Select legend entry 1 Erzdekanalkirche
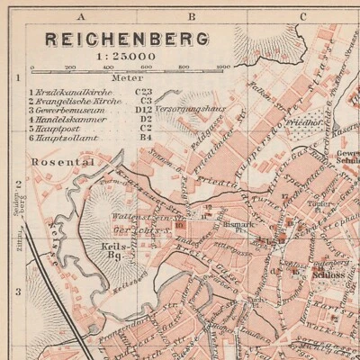[72, 91]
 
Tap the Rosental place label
[49, 162]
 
